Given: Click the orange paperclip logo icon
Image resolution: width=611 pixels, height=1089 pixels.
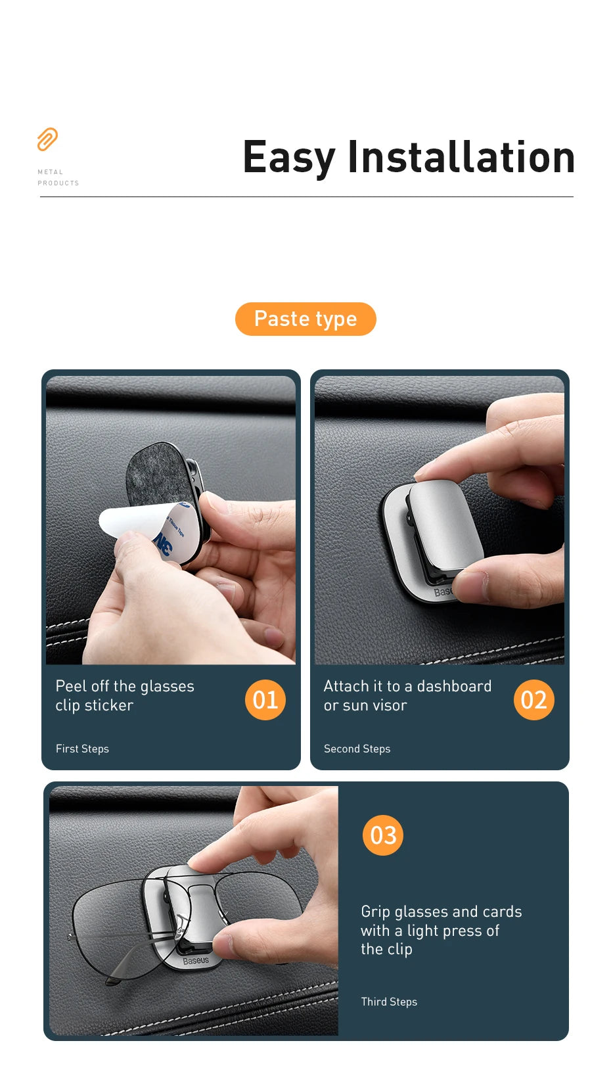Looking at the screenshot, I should tap(47, 139).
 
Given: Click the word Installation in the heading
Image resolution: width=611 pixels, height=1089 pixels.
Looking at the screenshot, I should tap(461, 158).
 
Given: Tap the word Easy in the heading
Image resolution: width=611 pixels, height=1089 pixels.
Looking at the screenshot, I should tap(288, 158).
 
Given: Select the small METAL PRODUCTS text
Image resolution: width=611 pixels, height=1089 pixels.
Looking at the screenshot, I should tap(58, 177).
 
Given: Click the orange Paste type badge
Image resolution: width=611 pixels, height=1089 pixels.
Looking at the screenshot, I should tap(305, 319).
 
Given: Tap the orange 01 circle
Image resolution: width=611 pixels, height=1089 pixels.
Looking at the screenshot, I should tap(265, 700).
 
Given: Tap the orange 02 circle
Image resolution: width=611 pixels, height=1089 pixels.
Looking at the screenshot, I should tap(533, 700).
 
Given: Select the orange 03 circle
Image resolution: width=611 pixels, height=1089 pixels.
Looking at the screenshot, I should tap(383, 835).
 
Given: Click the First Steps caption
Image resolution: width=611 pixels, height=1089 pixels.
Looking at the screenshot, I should tap(82, 749).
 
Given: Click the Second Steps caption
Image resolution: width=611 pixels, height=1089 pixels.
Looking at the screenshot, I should tap(357, 749).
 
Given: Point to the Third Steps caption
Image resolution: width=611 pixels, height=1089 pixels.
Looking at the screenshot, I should tap(389, 1002).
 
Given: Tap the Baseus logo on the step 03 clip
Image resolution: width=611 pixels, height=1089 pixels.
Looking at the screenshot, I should tap(195, 961).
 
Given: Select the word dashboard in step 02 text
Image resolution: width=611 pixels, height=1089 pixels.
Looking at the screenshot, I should tap(454, 686).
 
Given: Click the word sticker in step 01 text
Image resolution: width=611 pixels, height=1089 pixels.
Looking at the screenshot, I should tap(108, 705).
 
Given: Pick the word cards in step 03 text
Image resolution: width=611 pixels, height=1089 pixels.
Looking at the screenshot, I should tap(502, 912).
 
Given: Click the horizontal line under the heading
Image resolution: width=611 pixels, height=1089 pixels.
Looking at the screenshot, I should tap(306, 197).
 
